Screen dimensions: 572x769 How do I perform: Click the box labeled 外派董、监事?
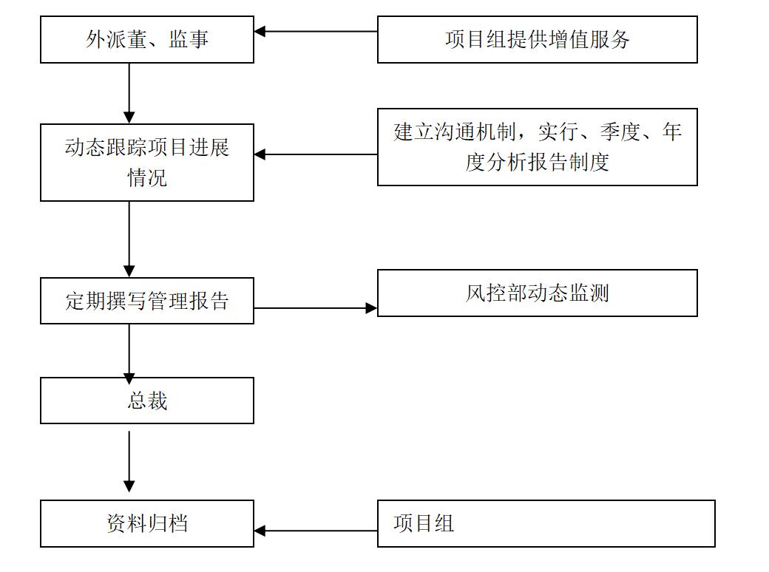147,40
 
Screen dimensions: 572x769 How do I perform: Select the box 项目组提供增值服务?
537,40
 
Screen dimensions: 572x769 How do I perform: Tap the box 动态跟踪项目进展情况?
147,163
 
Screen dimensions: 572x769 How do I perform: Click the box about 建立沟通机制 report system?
537,147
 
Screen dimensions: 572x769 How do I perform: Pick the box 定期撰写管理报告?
147,301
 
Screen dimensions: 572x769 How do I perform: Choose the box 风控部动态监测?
537,293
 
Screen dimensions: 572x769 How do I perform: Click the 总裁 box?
147,401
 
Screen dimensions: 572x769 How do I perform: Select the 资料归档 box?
147,523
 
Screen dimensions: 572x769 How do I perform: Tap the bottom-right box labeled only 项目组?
546,523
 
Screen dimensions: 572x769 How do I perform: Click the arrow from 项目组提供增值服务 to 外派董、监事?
316,32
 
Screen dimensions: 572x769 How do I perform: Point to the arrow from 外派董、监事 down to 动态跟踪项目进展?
129,93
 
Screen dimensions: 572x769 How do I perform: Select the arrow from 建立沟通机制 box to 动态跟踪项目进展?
316,154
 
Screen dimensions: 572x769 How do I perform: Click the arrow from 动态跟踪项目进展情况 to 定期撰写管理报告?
129,239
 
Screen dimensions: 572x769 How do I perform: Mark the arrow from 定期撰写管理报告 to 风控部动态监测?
316,308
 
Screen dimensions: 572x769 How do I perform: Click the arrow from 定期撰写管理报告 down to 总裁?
129,350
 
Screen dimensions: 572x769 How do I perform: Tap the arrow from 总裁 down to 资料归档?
129,461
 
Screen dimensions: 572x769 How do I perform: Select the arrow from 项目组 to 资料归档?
316,530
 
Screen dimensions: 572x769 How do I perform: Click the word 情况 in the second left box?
147,178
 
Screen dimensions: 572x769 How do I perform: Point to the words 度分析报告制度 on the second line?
537,162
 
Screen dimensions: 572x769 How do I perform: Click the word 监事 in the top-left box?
189,40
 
